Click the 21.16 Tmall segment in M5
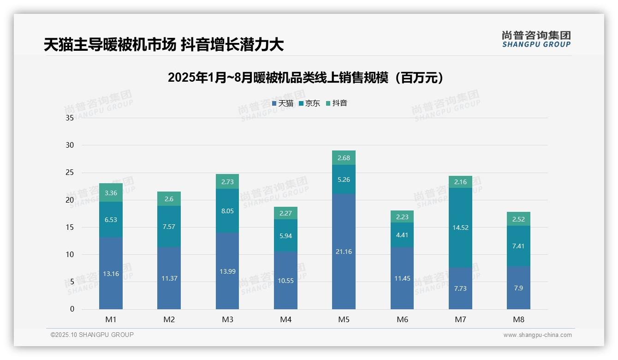[344, 252]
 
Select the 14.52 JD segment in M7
[460, 228]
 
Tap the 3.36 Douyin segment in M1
[111, 193]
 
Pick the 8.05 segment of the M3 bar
[227, 211]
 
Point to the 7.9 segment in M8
[518, 288]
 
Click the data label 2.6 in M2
[169, 199]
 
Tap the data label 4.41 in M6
[402, 235]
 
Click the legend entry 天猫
[283, 103]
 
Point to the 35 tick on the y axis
[70, 118]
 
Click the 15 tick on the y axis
[70, 227]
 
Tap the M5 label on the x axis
[344, 319]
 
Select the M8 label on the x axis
[518, 319]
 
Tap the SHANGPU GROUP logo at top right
[536, 39]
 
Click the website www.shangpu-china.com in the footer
[537, 335]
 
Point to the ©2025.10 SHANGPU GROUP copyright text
[92, 335]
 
